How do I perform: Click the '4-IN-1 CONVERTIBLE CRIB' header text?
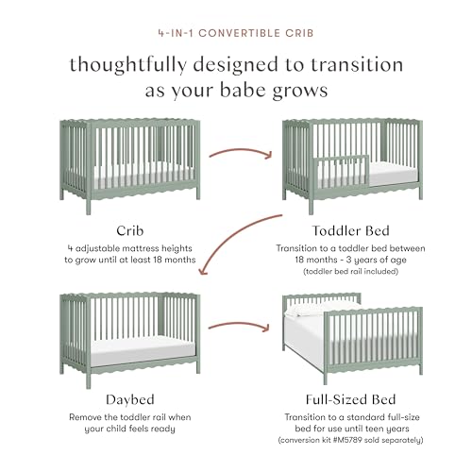[x=235, y=32]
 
